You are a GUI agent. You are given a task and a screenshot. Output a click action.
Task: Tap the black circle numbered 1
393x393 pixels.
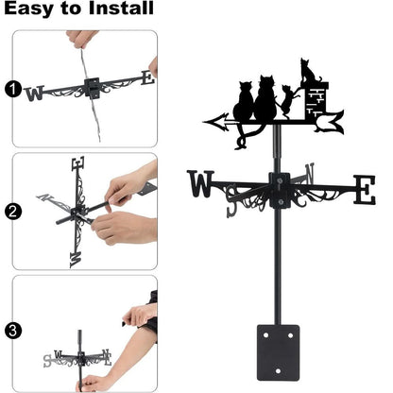click(12, 91)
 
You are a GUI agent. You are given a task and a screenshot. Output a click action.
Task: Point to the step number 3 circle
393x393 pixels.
click(12, 331)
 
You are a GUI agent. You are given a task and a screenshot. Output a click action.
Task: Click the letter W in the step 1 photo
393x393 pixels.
click(35, 93)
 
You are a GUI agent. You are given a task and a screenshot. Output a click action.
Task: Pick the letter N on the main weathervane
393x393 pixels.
click(308, 175)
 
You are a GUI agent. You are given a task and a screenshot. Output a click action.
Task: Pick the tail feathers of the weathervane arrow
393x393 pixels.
click(330, 119)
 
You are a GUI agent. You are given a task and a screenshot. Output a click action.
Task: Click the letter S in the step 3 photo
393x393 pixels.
click(47, 360)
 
